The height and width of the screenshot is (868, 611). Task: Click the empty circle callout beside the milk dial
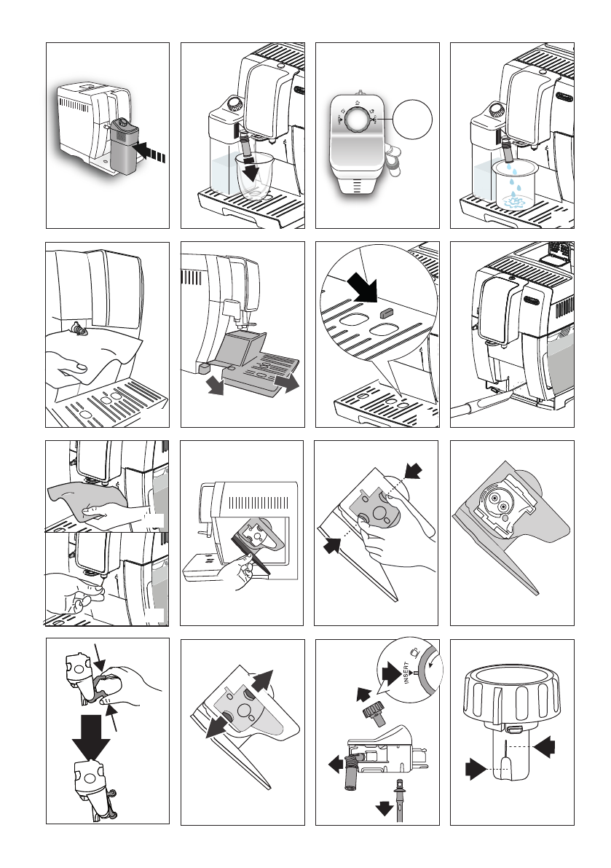(412, 120)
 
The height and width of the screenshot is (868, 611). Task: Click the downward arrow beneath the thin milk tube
(385, 809)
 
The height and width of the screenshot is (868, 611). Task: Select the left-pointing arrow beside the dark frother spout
(336, 765)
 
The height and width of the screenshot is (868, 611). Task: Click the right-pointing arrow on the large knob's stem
(476, 770)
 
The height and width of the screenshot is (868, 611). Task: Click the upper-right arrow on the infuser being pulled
(262, 680)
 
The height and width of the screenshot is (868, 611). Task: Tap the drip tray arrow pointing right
(287, 383)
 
